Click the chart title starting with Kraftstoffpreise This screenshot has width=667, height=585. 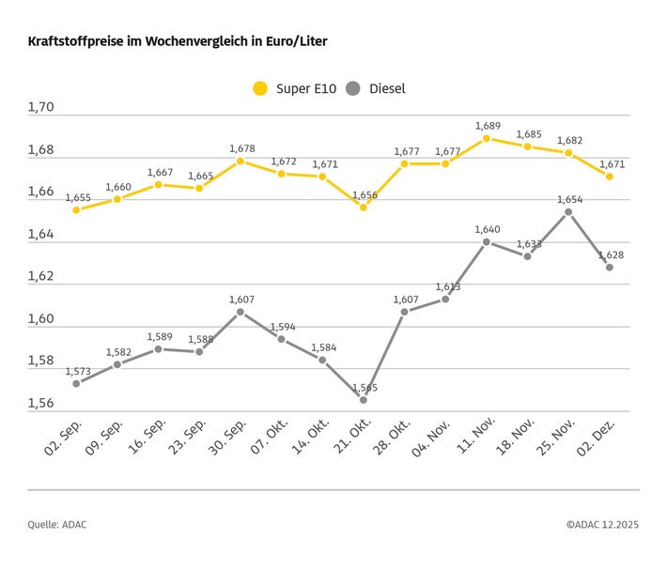click(178, 42)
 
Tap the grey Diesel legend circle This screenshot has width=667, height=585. click(353, 89)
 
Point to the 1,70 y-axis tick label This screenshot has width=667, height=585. click(41, 108)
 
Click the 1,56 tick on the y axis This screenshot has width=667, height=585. click(41, 404)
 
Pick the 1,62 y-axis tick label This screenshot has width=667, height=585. click(41, 277)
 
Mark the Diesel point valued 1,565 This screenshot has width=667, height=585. click(363, 400)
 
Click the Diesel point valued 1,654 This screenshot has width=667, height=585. click(568, 211)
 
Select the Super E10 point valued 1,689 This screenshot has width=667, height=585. click(486, 138)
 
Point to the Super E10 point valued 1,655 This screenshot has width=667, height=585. click(76, 209)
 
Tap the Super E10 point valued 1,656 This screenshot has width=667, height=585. click(363, 207)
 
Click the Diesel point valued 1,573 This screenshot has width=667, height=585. click(76, 383)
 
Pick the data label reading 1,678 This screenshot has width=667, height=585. click(241, 148)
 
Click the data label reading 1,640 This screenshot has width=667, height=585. click(488, 229)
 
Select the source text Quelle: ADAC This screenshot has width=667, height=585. click(56, 525)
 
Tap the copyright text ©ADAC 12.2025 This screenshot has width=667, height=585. click(602, 525)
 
